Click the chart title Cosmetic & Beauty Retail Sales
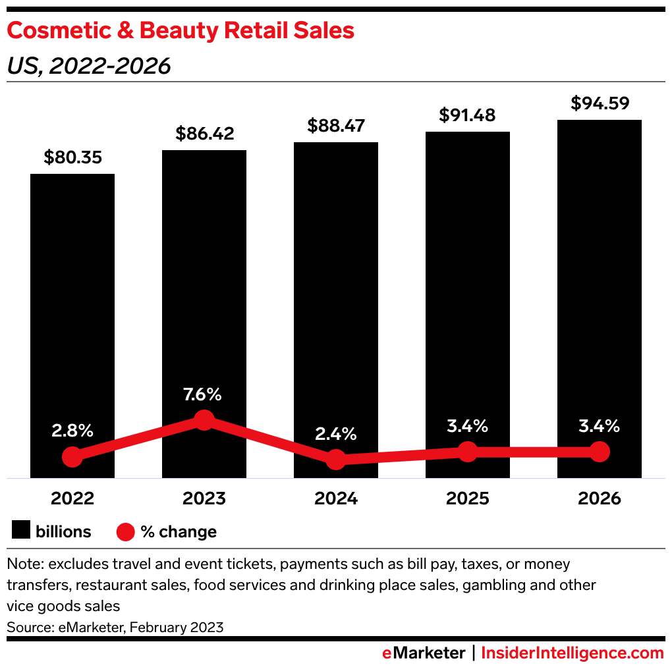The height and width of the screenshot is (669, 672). coord(181,31)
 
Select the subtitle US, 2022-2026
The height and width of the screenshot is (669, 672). coord(89,66)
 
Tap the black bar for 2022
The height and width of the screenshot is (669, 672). coord(72,296)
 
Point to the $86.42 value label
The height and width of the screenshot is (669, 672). coord(204,134)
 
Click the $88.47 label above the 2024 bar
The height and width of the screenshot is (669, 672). coord(336,126)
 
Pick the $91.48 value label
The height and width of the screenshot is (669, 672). coord(468,115)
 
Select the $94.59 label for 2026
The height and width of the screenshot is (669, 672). coord(600,103)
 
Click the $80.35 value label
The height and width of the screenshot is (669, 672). coord(72,157)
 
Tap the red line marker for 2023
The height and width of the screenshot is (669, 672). coord(204,419)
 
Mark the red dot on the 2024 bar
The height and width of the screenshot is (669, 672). coord(336,460)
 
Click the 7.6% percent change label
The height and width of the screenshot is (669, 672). coord(204,395)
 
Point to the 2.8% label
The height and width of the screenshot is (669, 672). coord(72,432)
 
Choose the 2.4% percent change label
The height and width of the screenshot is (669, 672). coord(336,434)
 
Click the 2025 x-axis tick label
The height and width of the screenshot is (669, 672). coord(468,498)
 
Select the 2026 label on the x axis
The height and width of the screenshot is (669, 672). coord(600,498)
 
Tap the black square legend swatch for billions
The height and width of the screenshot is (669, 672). coord(21,531)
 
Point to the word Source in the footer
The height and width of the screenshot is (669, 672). coord(28,627)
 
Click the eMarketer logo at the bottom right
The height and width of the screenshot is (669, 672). coord(424,653)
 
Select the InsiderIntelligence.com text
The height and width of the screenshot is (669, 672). coord(573,653)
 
